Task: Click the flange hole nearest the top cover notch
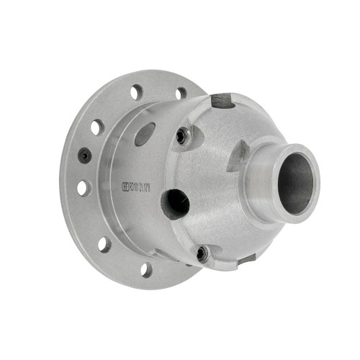(181, 93)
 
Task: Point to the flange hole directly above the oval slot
(135, 93)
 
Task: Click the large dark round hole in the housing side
(176, 204)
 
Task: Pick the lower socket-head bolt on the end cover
(203, 253)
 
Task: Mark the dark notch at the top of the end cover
(224, 101)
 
